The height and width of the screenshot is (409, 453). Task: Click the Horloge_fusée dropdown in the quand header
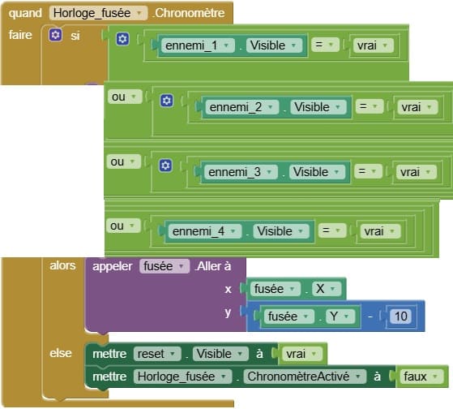pos(98,13)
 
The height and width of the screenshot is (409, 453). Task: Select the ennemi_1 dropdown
pos(197,45)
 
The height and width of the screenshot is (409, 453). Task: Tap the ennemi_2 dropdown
pos(241,107)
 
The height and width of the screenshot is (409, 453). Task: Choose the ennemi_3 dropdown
pos(241,172)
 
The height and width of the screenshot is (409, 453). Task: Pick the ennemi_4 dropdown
pos(204,231)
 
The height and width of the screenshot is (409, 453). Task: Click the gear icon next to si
pos(55,35)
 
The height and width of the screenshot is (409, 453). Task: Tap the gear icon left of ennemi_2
pos(167,101)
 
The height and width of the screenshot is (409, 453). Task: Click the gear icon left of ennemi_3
pos(165,166)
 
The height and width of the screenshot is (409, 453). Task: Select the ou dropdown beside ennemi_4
pos(123,226)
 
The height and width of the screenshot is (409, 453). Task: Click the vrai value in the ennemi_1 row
pos(373,45)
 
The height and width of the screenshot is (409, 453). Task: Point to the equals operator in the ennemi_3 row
pos(368,171)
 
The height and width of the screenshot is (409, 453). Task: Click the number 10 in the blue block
pos(401,316)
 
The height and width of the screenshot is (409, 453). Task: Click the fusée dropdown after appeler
pos(165,266)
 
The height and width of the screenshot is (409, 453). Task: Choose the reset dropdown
pos(157,354)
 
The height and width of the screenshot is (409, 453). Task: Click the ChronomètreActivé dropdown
pos(305,377)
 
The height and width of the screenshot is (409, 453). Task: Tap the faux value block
pos(421,377)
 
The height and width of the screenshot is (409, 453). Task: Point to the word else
pos(61,353)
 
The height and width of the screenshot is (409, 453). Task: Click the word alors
pos(62,265)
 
